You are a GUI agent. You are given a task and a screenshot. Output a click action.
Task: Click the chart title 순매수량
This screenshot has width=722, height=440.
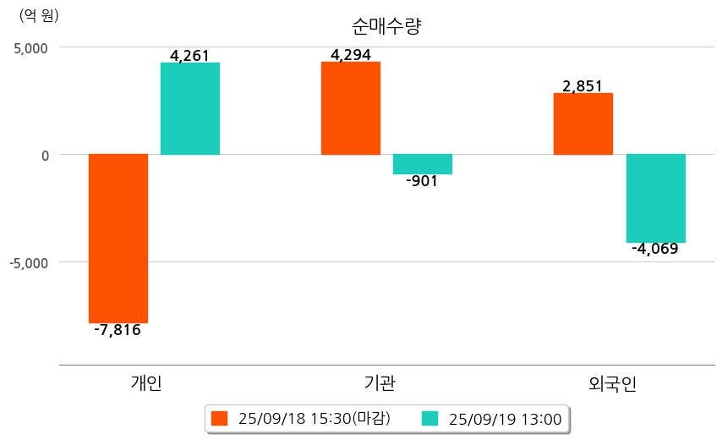tap(386, 26)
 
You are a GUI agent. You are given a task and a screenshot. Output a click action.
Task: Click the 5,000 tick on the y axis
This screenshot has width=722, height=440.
tap(30, 47)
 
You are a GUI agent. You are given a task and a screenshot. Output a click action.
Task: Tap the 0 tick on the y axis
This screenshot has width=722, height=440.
tap(45, 155)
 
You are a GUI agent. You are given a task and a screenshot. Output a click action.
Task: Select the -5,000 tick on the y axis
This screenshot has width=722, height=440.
tap(29, 262)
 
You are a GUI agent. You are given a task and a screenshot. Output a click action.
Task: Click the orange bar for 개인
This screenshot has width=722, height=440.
tap(118, 239)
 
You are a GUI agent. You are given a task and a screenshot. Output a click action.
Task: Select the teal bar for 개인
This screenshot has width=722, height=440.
tap(190, 108)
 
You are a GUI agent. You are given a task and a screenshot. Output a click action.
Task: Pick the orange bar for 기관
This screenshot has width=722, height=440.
tap(351, 108)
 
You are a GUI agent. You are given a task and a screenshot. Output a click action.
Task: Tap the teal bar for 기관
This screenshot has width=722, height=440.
tap(423, 164)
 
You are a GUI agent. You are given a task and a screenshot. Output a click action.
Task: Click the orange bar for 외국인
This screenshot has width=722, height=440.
tap(583, 124)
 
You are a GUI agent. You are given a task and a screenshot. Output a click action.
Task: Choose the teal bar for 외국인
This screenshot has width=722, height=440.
tap(656, 198)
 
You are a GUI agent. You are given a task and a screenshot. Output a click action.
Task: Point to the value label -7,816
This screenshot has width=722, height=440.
tap(118, 330)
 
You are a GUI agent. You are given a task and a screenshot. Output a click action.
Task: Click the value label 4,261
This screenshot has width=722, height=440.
tap(189, 56)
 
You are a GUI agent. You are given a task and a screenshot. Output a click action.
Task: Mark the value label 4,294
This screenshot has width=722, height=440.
tap(351, 56)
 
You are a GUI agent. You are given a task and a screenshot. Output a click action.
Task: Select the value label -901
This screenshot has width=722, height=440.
tap(422, 181)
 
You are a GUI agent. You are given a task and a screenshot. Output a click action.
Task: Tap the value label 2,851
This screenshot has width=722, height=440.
tap(583, 86)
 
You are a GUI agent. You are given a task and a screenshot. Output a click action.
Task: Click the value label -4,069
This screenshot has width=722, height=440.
tap(655, 249)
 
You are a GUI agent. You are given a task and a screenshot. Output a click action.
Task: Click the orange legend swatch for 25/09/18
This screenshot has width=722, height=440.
tap(220, 418)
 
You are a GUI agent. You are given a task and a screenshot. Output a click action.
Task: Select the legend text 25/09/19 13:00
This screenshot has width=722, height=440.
tap(505, 418)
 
